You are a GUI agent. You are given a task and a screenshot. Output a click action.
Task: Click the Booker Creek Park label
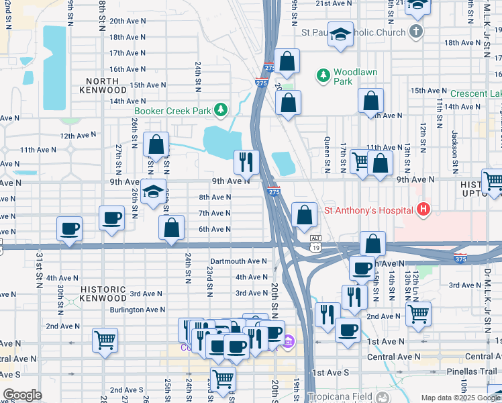[x=172, y=110]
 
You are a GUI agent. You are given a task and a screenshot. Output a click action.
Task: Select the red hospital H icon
[x=423, y=210]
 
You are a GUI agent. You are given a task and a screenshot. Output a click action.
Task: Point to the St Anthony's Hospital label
[x=368, y=210]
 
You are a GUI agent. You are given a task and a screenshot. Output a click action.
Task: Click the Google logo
[x=21, y=395]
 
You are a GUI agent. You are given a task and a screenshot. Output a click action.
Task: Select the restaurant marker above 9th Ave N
[x=246, y=161]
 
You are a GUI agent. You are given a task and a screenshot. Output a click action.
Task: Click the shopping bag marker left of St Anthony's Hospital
[x=304, y=216]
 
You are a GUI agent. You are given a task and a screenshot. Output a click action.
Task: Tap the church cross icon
[x=416, y=32]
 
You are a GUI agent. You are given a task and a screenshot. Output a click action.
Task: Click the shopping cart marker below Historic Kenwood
[x=105, y=339]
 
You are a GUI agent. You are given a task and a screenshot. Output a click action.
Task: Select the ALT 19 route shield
[x=315, y=242]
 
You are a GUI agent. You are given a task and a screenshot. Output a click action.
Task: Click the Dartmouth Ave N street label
[x=238, y=261]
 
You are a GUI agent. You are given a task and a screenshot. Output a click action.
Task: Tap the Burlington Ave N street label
[x=138, y=310]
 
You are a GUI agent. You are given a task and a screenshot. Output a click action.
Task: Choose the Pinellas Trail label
[x=474, y=371]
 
